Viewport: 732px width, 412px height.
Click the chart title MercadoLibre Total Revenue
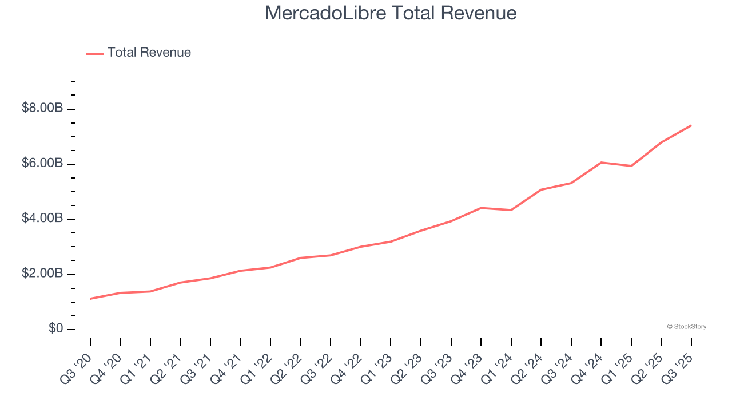tap(391, 13)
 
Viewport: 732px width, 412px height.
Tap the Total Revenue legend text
tap(149, 53)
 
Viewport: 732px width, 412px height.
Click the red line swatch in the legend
tap(94, 53)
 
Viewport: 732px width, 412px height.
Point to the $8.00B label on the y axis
tap(42, 108)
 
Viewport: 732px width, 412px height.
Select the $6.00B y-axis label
tap(42, 164)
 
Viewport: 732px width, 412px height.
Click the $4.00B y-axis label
tap(42, 219)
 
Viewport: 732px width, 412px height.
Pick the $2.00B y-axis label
tap(42, 274)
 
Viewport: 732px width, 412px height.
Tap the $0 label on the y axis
tap(55, 329)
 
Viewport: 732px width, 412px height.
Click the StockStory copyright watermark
tap(686, 327)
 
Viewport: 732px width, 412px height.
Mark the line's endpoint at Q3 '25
tap(691, 125)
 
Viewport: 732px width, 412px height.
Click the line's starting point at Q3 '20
tap(90, 299)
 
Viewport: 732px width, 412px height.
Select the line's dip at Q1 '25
tap(631, 166)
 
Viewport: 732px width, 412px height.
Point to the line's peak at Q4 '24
tap(601, 163)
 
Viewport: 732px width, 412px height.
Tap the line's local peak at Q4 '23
tap(481, 208)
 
